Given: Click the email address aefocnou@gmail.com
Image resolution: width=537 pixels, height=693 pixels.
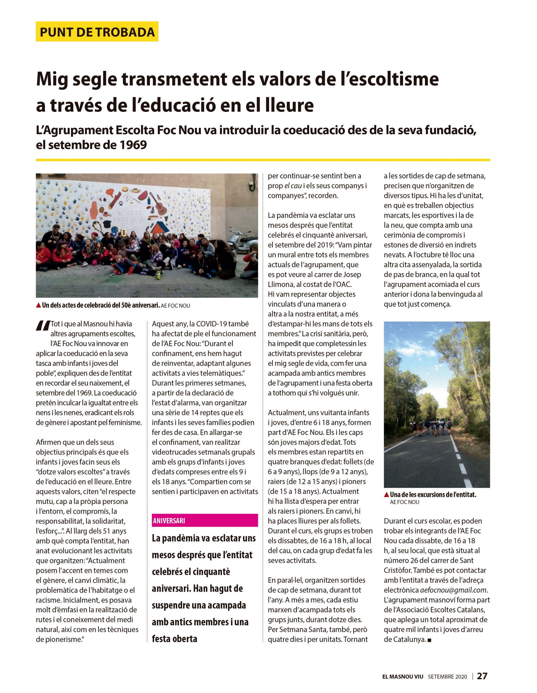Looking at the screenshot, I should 453,590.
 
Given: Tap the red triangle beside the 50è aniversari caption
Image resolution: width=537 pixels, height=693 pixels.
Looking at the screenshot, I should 38,305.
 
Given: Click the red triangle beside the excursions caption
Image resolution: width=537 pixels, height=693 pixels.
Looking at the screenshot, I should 386,494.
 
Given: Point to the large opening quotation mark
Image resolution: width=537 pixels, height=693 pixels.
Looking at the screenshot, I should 42,326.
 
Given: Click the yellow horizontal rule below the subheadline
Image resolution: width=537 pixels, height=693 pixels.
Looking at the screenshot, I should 263,160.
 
